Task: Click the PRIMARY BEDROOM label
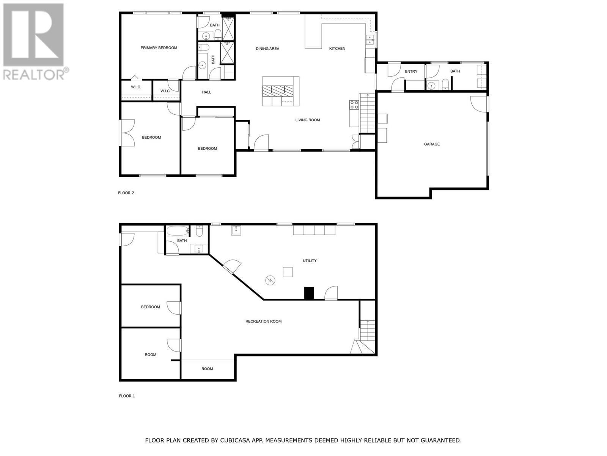pyautogui.click(x=159, y=48)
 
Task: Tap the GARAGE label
pyautogui.click(x=432, y=144)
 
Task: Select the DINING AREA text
pyautogui.click(x=267, y=49)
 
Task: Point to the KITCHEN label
pyautogui.click(x=337, y=49)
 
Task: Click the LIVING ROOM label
pyautogui.click(x=307, y=120)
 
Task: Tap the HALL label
pyautogui.click(x=206, y=92)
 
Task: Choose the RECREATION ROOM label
pyautogui.click(x=263, y=321)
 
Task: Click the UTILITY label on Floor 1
pyautogui.click(x=310, y=261)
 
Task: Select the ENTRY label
pyautogui.click(x=411, y=71)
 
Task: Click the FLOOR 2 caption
pyautogui.click(x=126, y=193)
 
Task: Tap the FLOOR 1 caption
pyautogui.click(x=127, y=396)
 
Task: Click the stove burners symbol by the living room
pyautogui.click(x=354, y=105)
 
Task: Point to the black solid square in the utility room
pyautogui.click(x=309, y=293)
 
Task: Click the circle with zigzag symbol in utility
pyautogui.click(x=270, y=280)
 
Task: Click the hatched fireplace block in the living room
pyautogui.click(x=278, y=90)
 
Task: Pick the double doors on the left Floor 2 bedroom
pyautogui.click(x=128, y=133)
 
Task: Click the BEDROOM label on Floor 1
pyautogui.click(x=150, y=307)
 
